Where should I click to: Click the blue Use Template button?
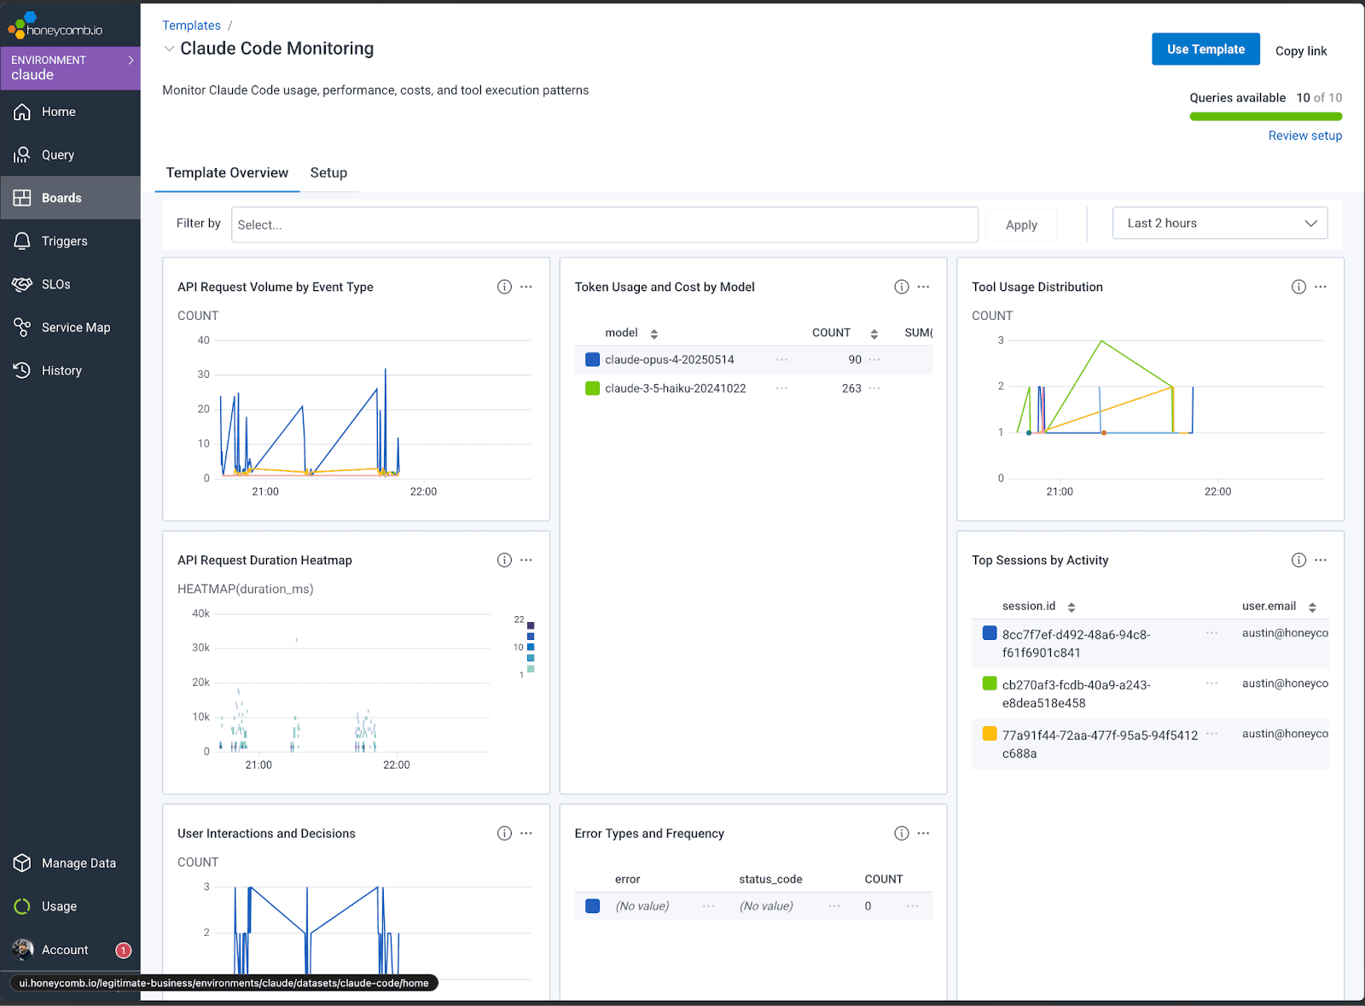pyautogui.click(x=1205, y=49)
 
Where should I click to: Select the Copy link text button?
pyautogui.click(x=1300, y=51)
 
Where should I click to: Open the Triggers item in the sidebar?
pyautogui.click(x=64, y=241)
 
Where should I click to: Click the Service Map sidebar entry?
pyautogui.click(x=75, y=328)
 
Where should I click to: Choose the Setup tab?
pyautogui.click(x=328, y=173)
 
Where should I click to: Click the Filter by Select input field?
pyautogui.click(x=603, y=224)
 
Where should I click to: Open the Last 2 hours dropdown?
pyautogui.click(x=1219, y=224)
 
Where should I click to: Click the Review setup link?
pyautogui.click(x=1304, y=136)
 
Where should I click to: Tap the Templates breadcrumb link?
pyautogui.click(x=191, y=26)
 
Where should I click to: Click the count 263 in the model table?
pyautogui.click(x=851, y=388)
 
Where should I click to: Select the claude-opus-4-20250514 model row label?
pyautogui.click(x=669, y=360)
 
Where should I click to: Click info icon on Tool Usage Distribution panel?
pyautogui.click(x=1298, y=287)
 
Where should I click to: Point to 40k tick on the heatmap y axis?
pyautogui.click(x=200, y=613)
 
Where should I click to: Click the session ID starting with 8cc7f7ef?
pyautogui.click(x=1075, y=643)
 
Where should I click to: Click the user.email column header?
pyautogui.click(x=1269, y=607)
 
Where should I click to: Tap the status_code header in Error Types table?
pyautogui.click(x=770, y=880)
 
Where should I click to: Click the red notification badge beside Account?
pyautogui.click(x=124, y=951)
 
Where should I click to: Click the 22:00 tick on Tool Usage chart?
pyautogui.click(x=1217, y=492)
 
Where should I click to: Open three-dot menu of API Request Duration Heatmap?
pyautogui.click(x=526, y=561)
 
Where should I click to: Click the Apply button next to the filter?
pyautogui.click(x=1020, y=225)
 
